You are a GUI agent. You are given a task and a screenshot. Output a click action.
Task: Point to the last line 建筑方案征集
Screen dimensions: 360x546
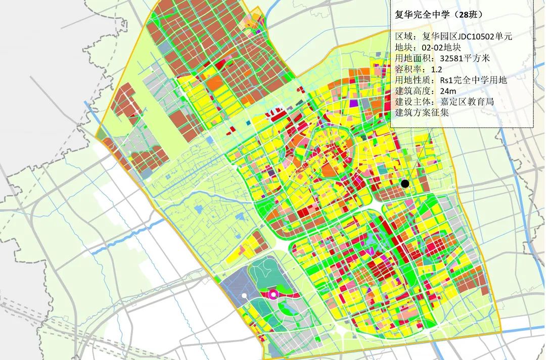click(422, 113)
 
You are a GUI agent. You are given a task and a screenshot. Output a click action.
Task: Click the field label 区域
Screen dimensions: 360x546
click(405, 36)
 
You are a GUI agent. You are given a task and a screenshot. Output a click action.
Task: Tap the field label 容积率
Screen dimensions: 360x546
click(408, 69)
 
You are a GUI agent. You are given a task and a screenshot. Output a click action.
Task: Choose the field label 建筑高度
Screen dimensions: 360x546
click(413, 91)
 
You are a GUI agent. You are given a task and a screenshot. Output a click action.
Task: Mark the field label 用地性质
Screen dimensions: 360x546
click(413, 80)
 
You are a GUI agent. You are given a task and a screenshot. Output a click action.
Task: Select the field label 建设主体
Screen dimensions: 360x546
click(413, 102)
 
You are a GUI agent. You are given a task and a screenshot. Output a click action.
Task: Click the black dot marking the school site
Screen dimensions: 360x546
click(404, 184)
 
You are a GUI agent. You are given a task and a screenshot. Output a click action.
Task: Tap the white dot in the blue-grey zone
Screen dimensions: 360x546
click(244, 295)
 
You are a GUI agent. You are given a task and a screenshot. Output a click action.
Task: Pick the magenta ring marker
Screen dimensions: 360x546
click(273, 293)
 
